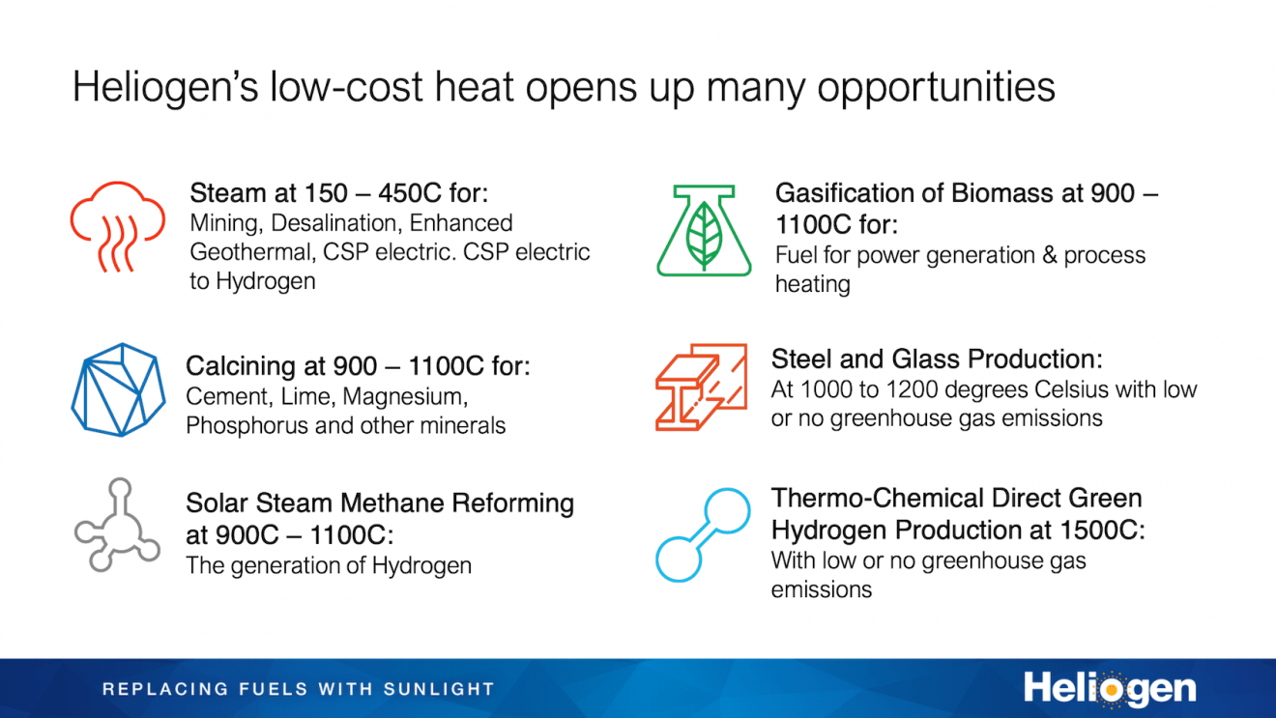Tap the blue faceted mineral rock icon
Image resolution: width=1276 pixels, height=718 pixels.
tap(113, 388)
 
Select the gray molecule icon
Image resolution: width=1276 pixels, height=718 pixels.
tap(116, 524)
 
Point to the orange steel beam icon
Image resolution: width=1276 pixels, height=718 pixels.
tap(701, 387)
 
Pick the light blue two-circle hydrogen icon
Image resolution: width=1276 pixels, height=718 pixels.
tap(703, 534)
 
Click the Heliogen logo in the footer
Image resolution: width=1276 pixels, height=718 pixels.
tap(1110, 689)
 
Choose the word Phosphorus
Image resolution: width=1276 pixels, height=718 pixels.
tap(247, 425)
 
